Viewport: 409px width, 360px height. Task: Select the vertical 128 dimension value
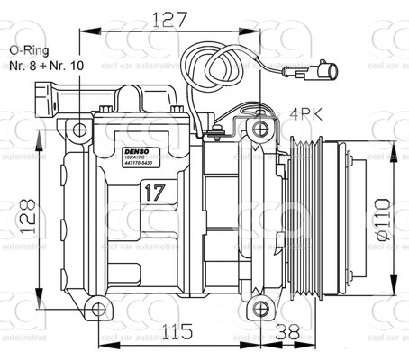pyautogui.click(x=29, y=217)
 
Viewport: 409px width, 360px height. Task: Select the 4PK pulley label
pyautogui.click(x=306, y=113)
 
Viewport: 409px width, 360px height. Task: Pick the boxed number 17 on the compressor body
pyautogui.click(x=153, y=192)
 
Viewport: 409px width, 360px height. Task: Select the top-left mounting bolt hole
pyautogui.click(x=79, y=130)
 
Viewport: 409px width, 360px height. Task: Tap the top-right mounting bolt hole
pyautogui.click(x=261, y=129)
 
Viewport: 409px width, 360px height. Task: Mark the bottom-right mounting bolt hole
pyautogui.click(x=261, y=309)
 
